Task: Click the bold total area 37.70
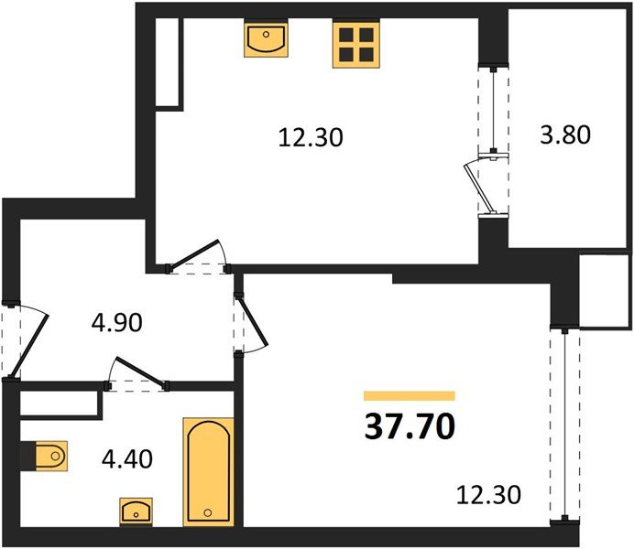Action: [410, 426]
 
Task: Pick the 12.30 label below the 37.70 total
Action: [489, 496]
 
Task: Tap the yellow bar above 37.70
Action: [410, 396]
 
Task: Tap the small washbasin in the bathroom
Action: [137, 511]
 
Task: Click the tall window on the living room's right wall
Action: [567, 421]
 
